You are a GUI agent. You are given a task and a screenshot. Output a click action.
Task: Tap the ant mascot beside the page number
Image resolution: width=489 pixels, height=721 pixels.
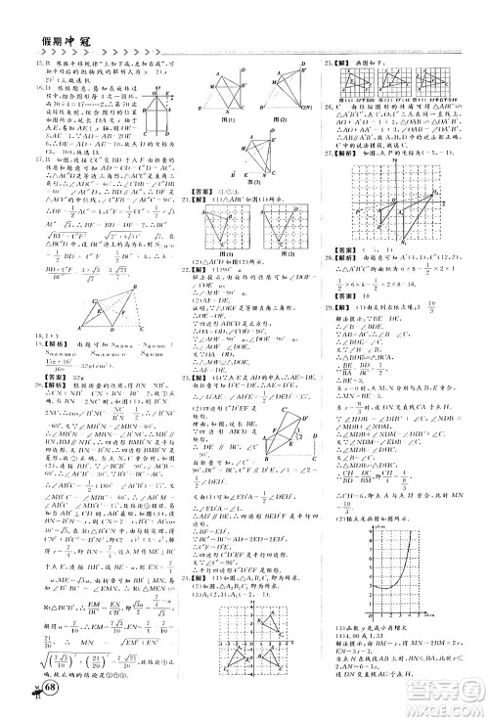[x=25, y=699]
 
